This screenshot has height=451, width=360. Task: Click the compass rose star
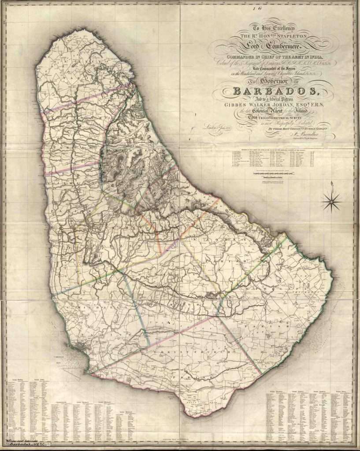click(x=331, y=202)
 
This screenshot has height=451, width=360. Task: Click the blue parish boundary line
click(x=136, y=308)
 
